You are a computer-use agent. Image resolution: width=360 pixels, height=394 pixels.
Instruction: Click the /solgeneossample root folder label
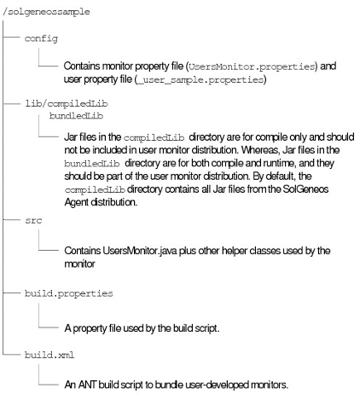[x=46, y=12]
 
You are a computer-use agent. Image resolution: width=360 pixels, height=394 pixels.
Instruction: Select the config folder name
[x=41, y=38]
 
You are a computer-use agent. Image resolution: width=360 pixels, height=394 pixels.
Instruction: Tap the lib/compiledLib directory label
[x=67, y=103]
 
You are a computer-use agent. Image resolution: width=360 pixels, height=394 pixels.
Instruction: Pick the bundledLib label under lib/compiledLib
[x=76, y=116]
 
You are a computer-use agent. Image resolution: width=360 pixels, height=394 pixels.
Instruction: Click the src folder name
[x=33, y=220]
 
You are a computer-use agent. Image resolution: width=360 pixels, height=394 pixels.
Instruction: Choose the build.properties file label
[x=69, y=293]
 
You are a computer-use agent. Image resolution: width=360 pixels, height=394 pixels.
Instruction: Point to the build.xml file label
[x=49, y=355]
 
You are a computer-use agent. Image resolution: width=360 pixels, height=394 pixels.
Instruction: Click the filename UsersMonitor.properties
[x=252, y=67]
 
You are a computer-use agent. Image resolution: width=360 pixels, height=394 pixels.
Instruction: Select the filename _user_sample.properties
[x=200, y=80]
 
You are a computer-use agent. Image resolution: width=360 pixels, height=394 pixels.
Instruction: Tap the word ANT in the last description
[x=87, y=385]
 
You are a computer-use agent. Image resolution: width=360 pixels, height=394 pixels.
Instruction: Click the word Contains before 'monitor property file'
[x=82, y=66]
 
